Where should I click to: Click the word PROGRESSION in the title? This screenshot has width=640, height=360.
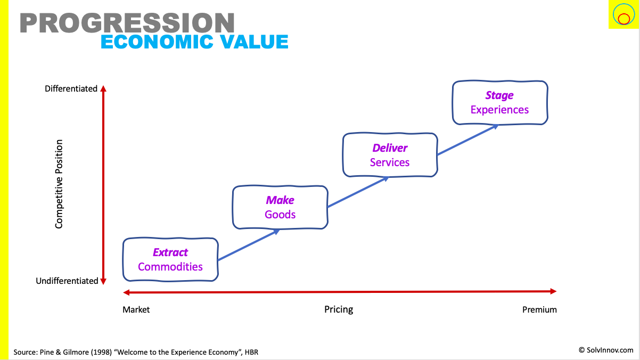127,23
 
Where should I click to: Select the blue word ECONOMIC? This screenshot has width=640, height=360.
157,42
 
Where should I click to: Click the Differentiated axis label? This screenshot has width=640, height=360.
71,88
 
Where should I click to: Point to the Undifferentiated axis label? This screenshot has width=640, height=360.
67,281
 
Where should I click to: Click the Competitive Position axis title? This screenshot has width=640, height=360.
59,184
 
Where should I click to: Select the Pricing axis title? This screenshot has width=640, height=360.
339,309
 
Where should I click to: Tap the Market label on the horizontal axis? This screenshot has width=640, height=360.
136,310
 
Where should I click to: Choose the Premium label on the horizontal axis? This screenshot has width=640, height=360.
539,310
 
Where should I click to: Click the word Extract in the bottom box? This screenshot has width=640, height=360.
170,252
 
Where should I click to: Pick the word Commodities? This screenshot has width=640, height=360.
170,267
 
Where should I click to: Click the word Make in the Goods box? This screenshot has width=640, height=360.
280,200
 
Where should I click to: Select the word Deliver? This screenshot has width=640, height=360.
390,148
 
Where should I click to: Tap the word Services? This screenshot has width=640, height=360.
390,162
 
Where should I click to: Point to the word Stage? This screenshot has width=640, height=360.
499,95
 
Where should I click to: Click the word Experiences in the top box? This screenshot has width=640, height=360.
499,110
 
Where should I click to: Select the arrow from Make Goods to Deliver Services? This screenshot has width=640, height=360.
358,192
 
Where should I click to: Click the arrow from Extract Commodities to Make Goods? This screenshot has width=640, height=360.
249,244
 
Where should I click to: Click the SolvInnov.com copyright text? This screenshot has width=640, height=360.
606,350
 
